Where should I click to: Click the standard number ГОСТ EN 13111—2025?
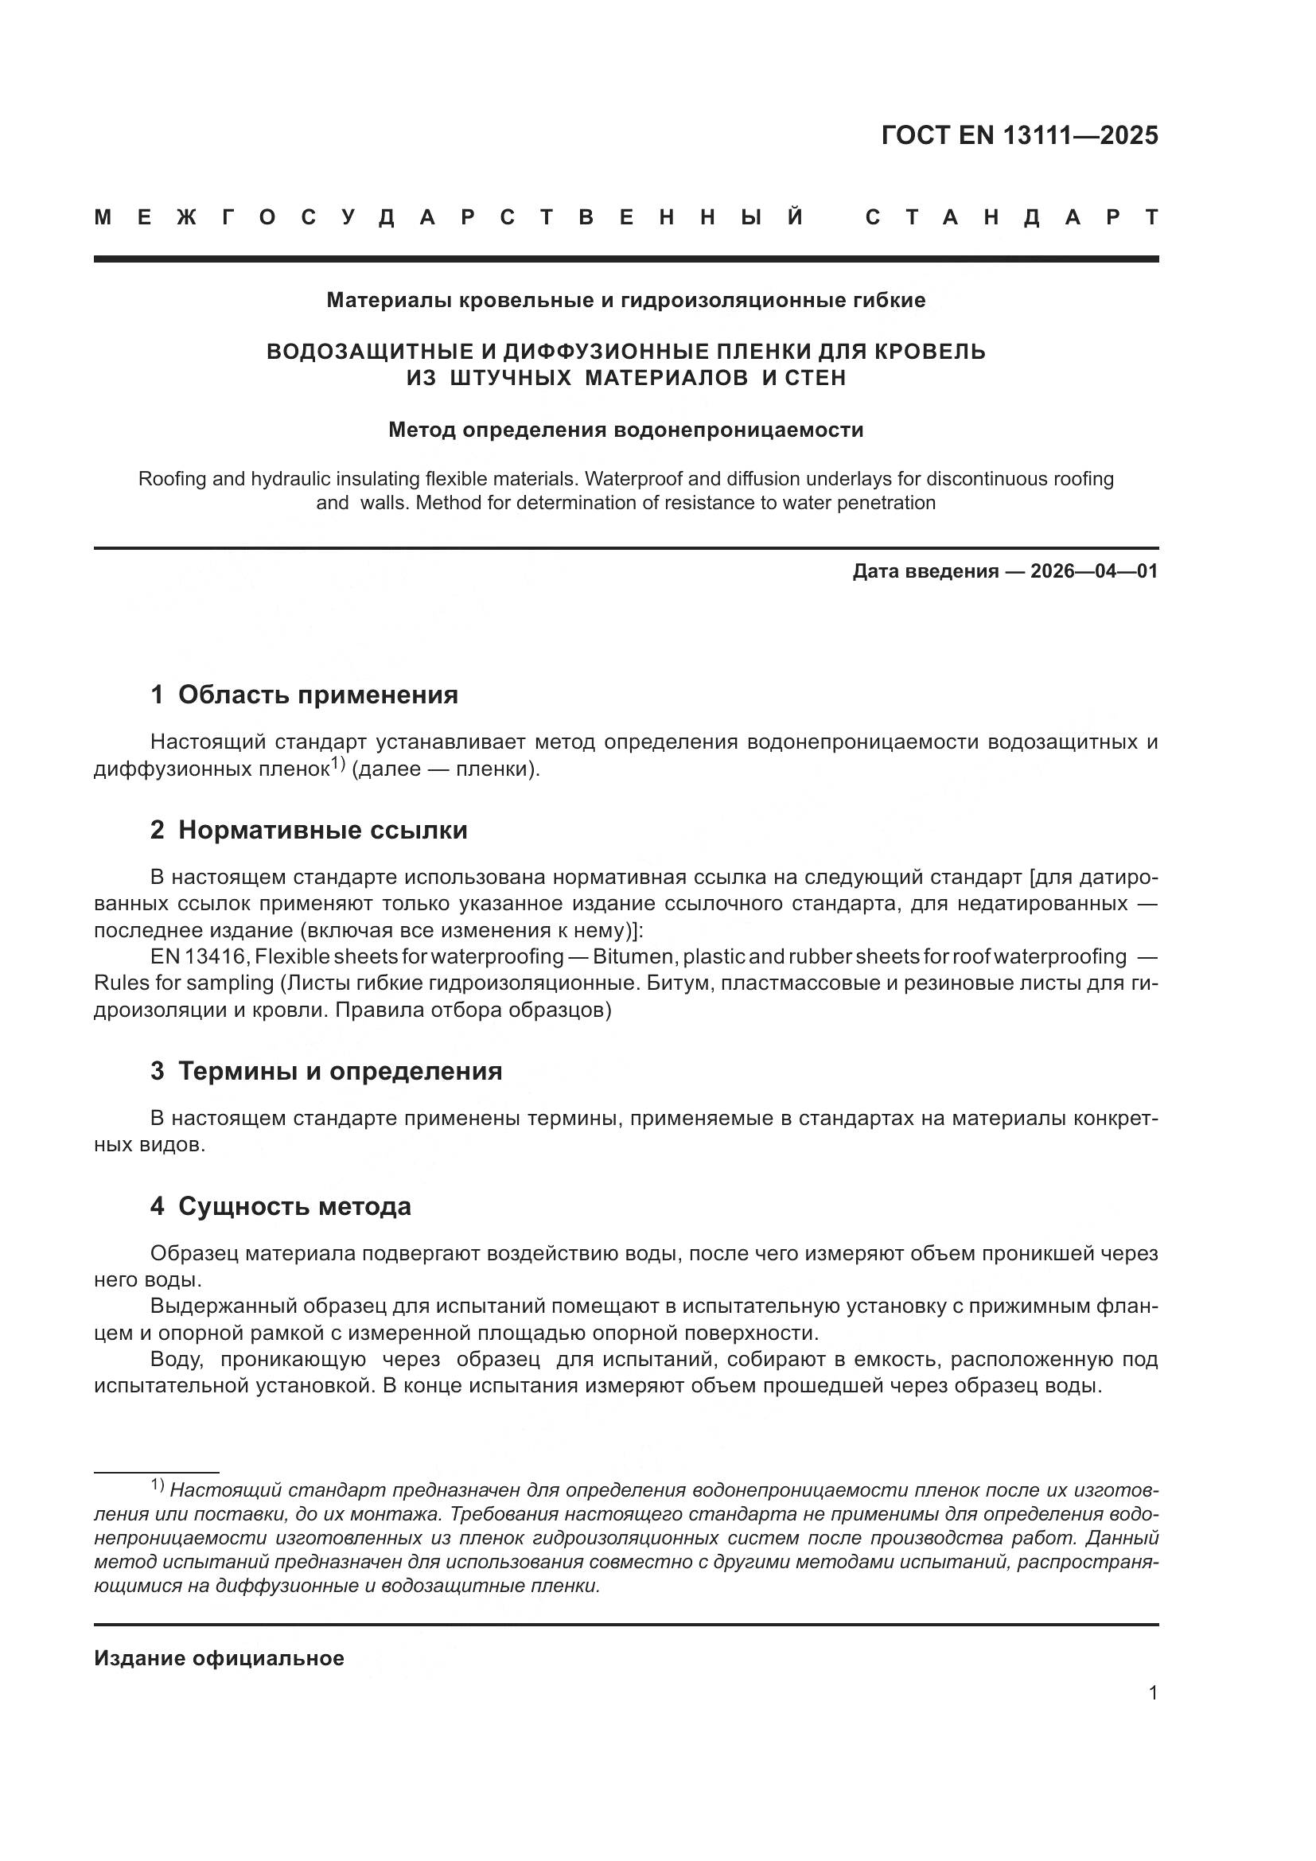point(1019,135)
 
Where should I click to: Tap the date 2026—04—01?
point(1094,571)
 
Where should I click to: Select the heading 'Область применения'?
point(317,695)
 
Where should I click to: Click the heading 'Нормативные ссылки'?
point(322,830)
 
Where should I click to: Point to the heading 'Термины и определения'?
point(340,1071)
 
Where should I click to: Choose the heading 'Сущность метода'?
point(294,1206)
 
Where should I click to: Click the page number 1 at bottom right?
point(1152,1692)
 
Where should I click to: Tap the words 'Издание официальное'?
point(219,1657)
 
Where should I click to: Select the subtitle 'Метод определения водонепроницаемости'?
point(625,430)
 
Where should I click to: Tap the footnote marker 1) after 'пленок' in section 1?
point(338,763)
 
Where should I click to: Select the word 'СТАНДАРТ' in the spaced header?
point(1011,217)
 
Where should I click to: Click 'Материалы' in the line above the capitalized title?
point(390,301)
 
